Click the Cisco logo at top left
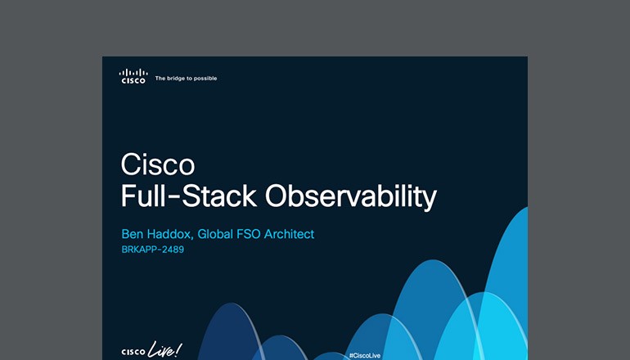tap(133, 77)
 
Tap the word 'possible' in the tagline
tap(205, 79)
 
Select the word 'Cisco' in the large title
tap(158, 164)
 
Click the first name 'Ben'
tap(133, 235)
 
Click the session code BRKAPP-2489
tap(152, 250)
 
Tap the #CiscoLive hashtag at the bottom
tap(364, 356)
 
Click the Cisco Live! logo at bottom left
tap(151, 350)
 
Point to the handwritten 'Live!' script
tap(166, 349)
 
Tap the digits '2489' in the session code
tap(173, 250)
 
